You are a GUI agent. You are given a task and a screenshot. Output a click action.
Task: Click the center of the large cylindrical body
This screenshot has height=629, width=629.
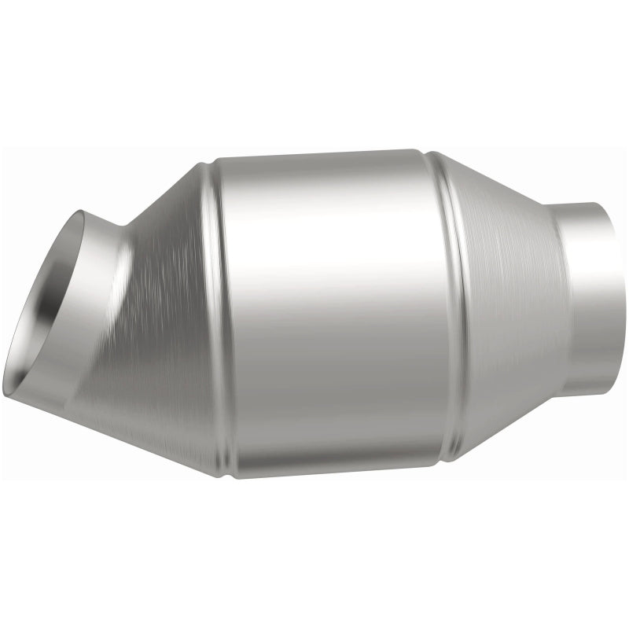coord(330,314)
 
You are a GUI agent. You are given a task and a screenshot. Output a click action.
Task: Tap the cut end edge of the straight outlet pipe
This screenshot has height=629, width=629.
coord(614,299)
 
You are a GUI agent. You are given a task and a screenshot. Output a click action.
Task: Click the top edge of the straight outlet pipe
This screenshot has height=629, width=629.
coord(582,204)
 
